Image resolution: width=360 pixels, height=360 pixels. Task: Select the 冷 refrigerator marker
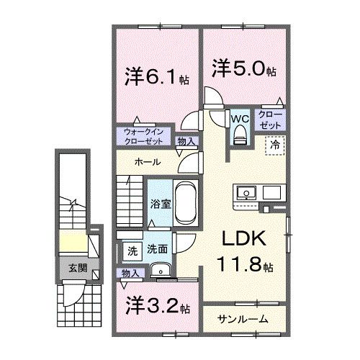pos(275,144)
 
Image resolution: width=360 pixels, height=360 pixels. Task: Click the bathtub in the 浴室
pos(186,204)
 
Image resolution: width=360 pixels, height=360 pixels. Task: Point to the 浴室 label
pos(161,204)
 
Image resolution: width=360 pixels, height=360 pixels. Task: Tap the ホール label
pos(147,162)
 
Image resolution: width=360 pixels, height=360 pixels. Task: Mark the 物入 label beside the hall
pos(185,141)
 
